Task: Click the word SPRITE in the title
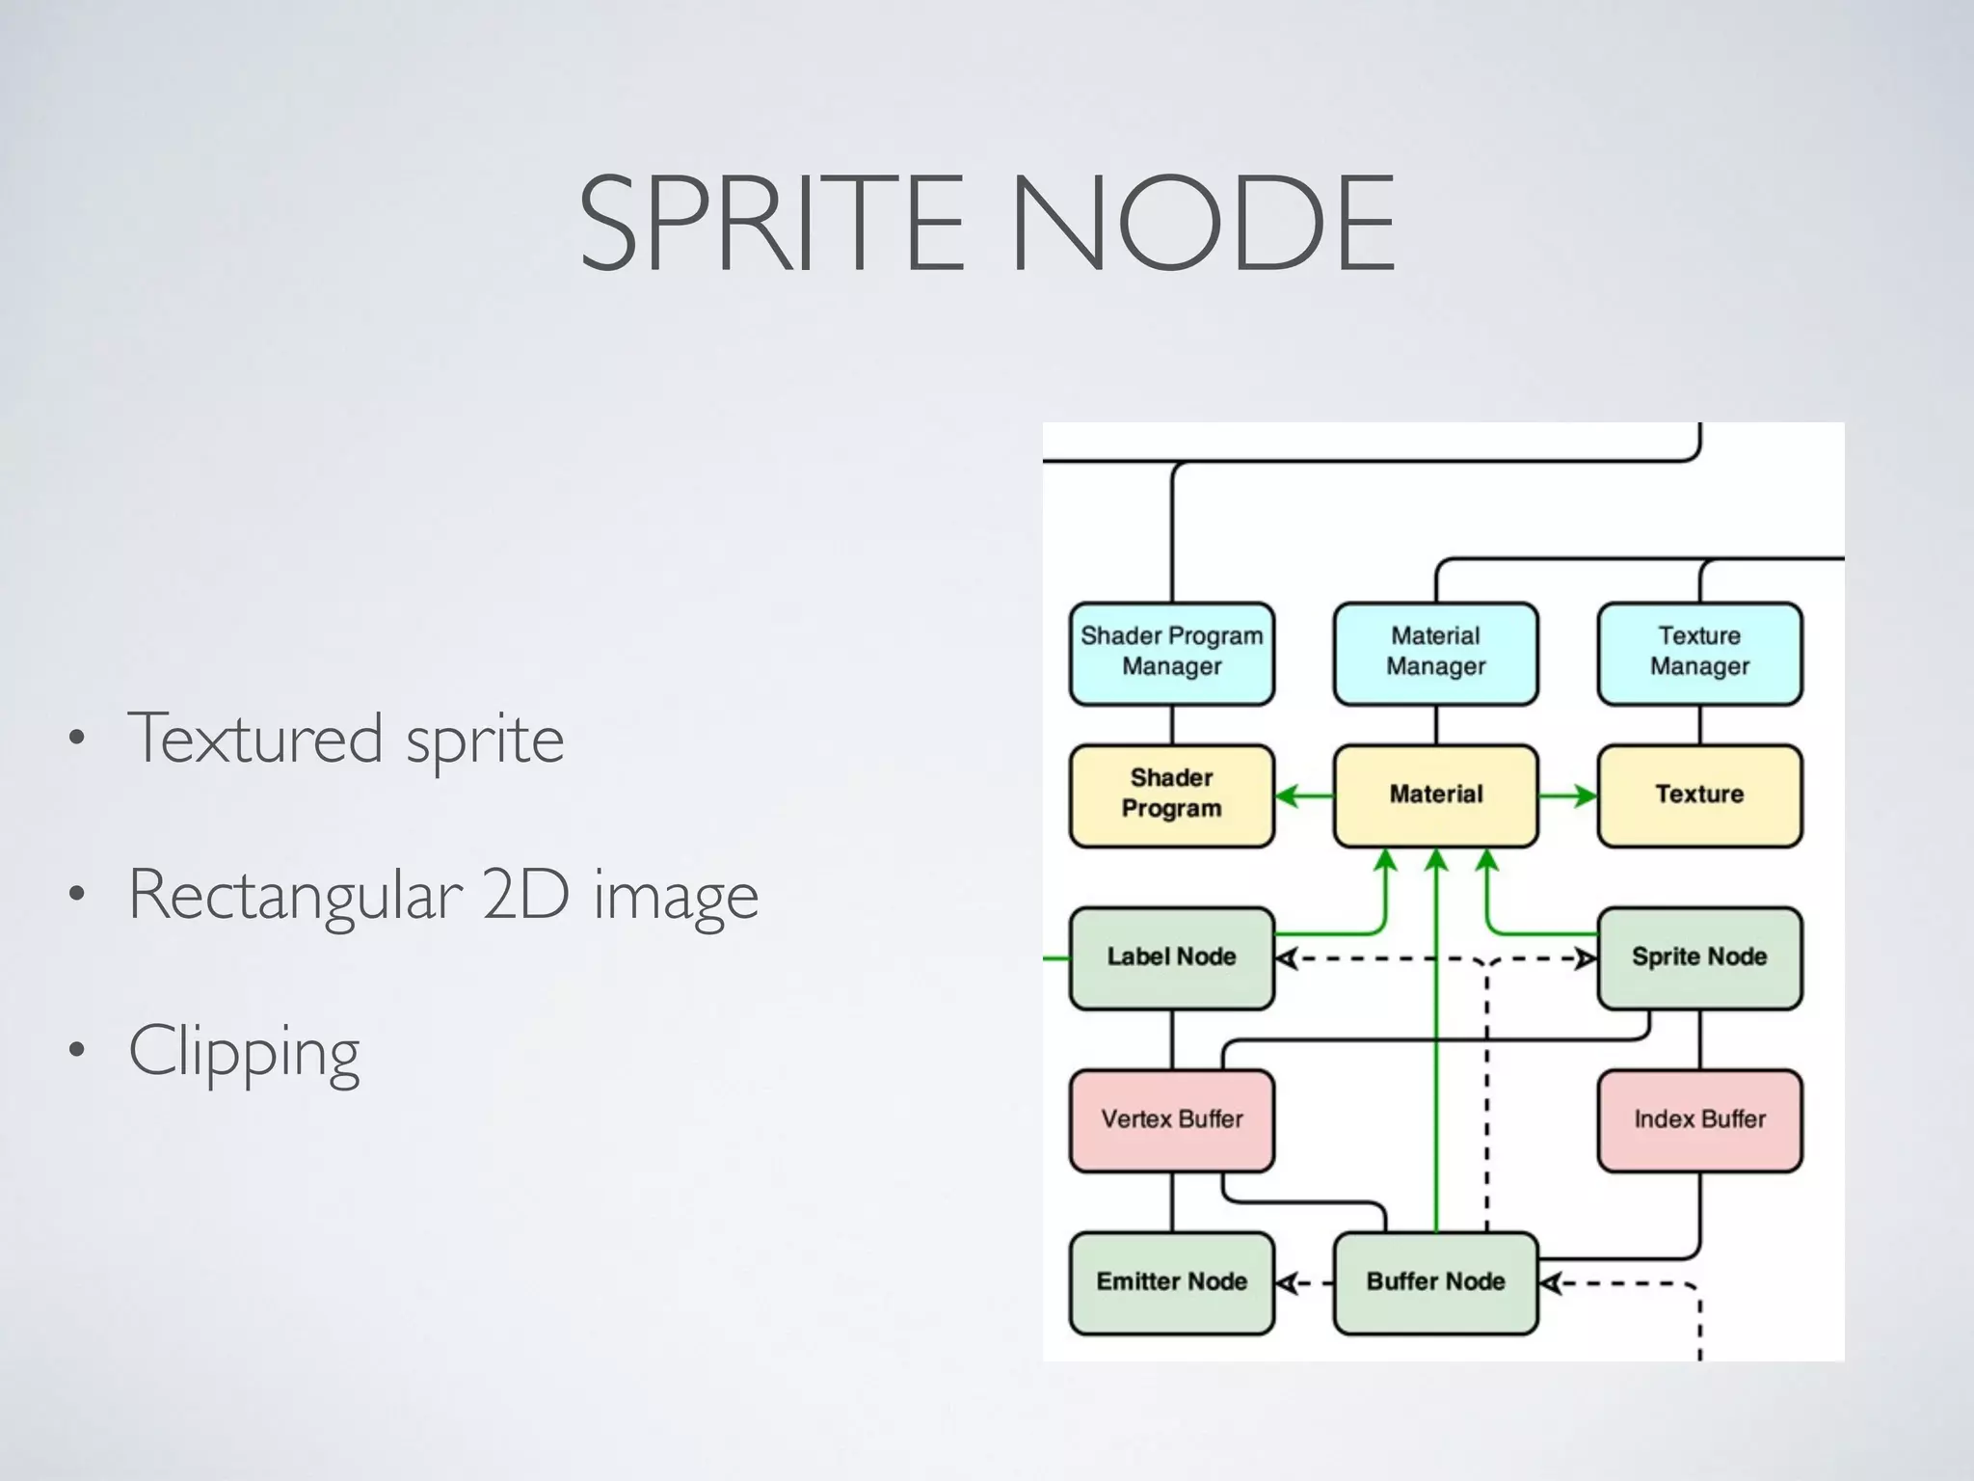coord(771,224)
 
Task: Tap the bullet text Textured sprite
coord(345,739)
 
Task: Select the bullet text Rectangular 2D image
coord(443,895)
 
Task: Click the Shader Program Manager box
coord(1171,653)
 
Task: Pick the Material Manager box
coord(1435,653)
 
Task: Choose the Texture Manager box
coord(1699,653)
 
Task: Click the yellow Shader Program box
coord(1171,794)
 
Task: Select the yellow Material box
coord(1435,794)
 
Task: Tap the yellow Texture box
coord(1699,794)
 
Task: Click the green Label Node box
coord(1171,957)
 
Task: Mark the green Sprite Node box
coord(1699,957)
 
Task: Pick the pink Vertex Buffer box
coord(1171,1119)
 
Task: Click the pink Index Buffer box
coord(1699,1119)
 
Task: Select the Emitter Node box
coord(1171,1282)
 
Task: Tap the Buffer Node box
coord(1435,1282)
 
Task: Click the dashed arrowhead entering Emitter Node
coord(1286,1283)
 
